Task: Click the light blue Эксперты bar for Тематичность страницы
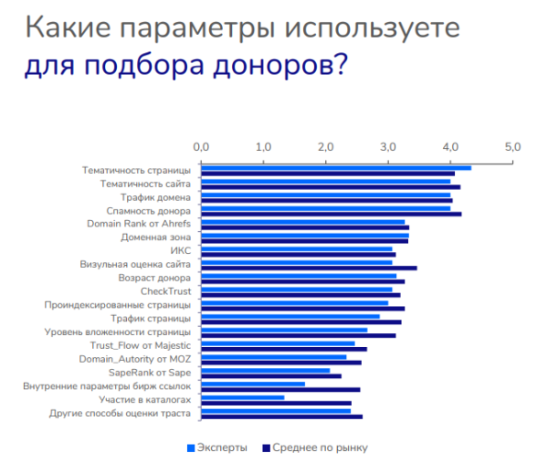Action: (336, 167)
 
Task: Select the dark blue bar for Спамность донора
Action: (331, 214)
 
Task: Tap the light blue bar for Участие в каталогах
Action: (242, 397)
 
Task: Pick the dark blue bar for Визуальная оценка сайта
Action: (309, 268)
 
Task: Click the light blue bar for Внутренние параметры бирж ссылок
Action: (253, 384)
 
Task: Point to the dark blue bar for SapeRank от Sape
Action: (271, 375)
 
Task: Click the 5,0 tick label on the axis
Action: (511, 146)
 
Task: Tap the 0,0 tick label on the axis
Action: (202, 146)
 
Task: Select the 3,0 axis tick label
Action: (387, 146)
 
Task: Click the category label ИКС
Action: (181, 249)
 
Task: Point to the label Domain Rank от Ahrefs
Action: (139, 223)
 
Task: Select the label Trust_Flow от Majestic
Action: (141, 345)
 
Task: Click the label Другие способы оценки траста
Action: (120, 414)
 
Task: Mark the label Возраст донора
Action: (154, 277)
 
